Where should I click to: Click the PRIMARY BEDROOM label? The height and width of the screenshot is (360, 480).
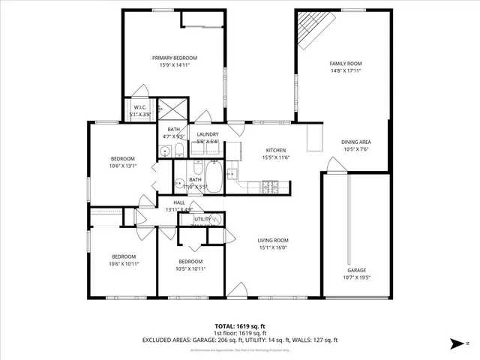174,58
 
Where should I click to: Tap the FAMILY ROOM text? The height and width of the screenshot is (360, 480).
346,64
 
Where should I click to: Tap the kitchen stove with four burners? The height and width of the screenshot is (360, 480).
270,185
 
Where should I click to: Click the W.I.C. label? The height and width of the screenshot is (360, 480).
140,107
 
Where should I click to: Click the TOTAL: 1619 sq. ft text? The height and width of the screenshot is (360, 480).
239,326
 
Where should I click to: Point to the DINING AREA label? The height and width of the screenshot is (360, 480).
356,142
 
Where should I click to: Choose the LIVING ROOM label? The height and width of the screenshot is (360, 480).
273,240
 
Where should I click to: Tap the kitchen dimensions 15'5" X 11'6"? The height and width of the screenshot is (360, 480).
276,157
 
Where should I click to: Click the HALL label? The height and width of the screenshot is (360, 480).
179,202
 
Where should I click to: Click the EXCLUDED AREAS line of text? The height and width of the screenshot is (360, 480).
239,340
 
